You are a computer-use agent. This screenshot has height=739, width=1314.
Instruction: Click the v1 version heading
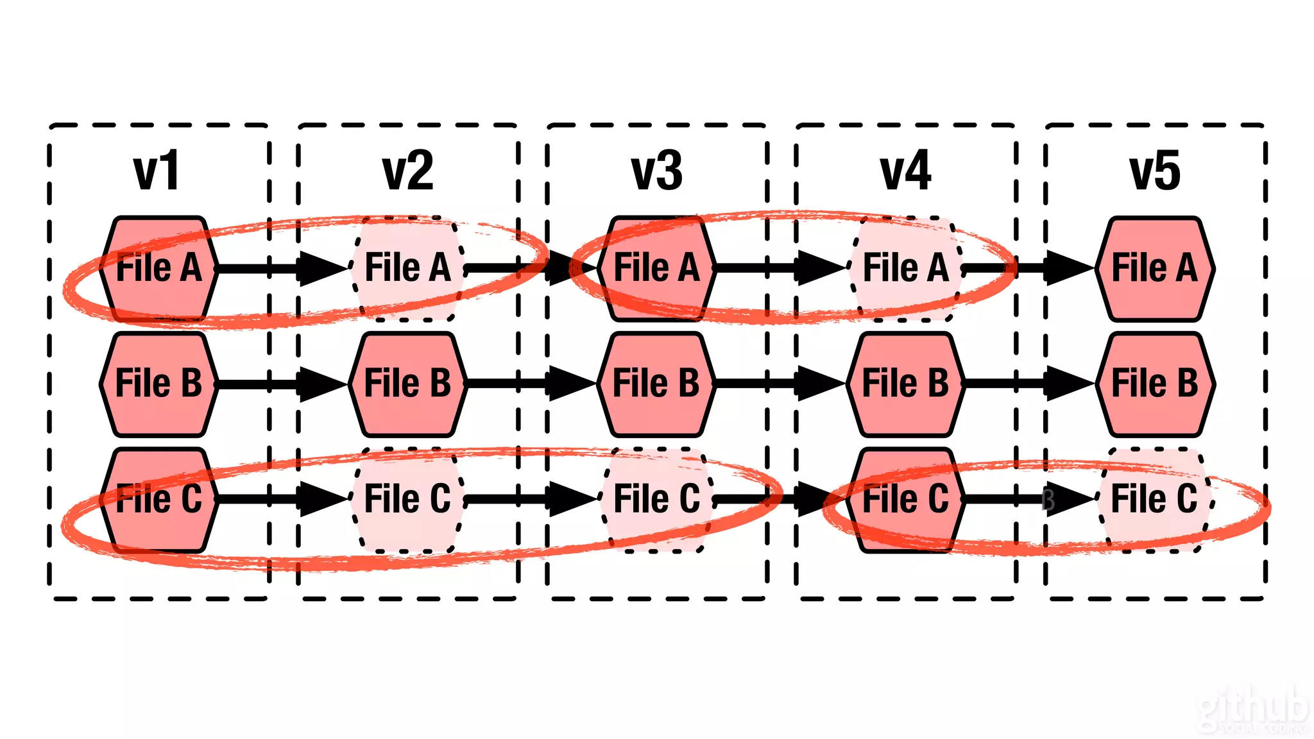(157, 171)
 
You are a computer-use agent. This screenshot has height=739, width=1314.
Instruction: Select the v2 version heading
(408, 171)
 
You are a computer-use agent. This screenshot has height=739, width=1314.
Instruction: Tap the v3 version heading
(656, 171)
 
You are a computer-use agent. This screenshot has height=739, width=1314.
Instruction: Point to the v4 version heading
(905, 171)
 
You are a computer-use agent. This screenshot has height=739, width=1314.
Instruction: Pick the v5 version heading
(1154, 171)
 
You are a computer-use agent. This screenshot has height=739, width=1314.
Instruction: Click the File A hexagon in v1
(158, 268)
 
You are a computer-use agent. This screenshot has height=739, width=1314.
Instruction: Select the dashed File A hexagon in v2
(407, 268)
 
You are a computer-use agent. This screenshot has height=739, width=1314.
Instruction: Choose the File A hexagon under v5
(1154, 268)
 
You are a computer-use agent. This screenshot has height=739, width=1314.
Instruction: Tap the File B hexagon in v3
(656, 384)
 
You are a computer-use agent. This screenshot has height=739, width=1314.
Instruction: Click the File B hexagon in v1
(158, 384)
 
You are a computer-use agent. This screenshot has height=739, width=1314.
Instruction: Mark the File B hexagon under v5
(1154, 384)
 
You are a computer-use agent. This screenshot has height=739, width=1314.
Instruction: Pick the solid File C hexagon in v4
(905, 499)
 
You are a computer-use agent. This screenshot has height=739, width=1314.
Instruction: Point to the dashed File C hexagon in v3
(656, 499)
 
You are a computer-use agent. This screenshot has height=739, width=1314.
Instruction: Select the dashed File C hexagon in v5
(1154, 499)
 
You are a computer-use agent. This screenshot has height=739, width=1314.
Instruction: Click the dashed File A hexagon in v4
(905, 268)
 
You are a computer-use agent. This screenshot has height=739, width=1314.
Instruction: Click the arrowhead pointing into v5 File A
(1069, 268)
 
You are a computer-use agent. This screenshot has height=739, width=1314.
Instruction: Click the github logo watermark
(1252, 711)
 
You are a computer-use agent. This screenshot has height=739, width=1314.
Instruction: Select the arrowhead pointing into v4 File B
(820, 384)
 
